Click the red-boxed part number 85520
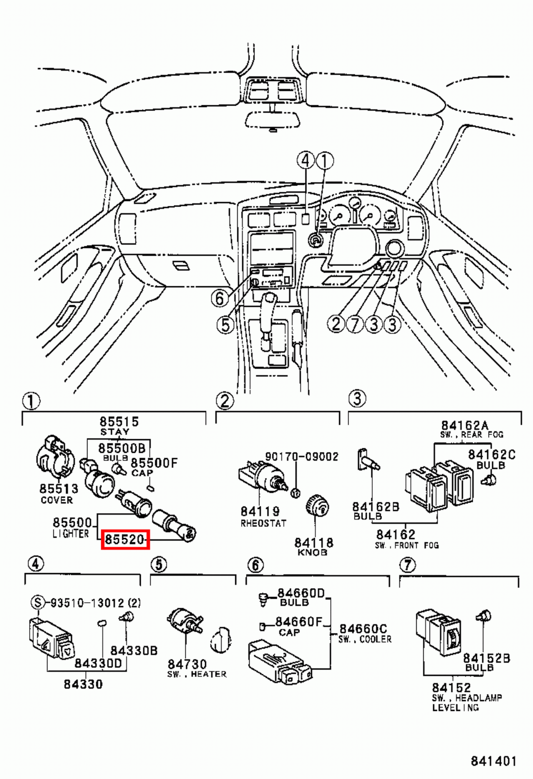click(x=125, y=539)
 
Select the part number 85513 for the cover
click(x=58, y=488)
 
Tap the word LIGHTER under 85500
click(x=71, y=534)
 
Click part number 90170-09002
click(x=301, y=456)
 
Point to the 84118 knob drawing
click(x=317, y=508)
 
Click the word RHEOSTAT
click(x=263, y=523)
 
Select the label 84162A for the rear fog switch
click(x=464, y=426)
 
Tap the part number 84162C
click(x=491, y=454)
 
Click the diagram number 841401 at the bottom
click(x=493, y=761)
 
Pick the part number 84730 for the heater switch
click(x=187, y=664)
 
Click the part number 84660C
click(x=363, y=629)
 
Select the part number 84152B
click(x=486, y=658)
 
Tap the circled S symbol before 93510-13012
click(x=38, y=603)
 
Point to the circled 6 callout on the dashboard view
click(x=220, y=298)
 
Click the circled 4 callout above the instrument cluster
click(x=305, y=161)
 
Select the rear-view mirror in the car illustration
click(x=272, y=119)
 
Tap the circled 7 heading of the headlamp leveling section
click(x=407, y=565)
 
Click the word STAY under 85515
click(x=114, y=432)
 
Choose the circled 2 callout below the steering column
click(x=336, y=324)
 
